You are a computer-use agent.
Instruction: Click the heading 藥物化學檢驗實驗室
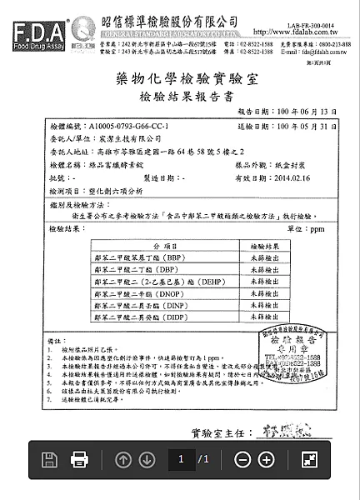180,80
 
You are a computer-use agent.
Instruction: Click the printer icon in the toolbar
79,459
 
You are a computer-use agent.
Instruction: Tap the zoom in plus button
267,459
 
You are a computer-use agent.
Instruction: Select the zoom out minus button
242,459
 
